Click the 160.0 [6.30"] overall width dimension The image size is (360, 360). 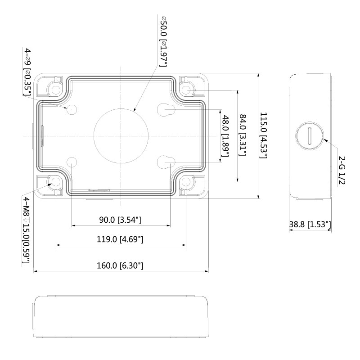120,265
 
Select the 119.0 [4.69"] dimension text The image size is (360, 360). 120,239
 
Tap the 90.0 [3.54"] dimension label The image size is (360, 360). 120,220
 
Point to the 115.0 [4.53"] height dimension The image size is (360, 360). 263,135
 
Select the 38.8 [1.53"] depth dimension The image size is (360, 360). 310,224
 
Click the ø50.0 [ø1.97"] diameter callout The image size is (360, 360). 163,41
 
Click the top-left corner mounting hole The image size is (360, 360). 56,90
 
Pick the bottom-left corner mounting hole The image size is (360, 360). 56,182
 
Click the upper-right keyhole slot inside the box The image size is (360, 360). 166,110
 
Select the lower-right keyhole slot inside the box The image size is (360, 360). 166,162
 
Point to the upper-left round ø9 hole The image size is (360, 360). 72,110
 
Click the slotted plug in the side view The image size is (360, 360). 310,136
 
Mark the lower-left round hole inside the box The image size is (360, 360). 72,162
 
